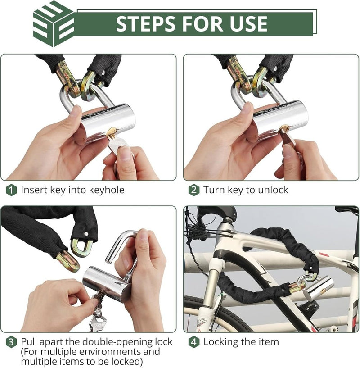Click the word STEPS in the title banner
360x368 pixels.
click(146, 23)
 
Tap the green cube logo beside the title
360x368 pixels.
click(54, 24)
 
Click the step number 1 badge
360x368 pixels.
click(11, 190)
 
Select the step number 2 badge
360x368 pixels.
click(193, 190)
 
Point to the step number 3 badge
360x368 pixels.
click(11, 342)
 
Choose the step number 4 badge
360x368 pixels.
click(193, 342)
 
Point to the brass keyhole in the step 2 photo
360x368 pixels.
click(284, 128)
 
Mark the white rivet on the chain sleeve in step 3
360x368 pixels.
click(86, 234)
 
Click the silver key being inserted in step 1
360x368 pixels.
click(117, 144)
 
